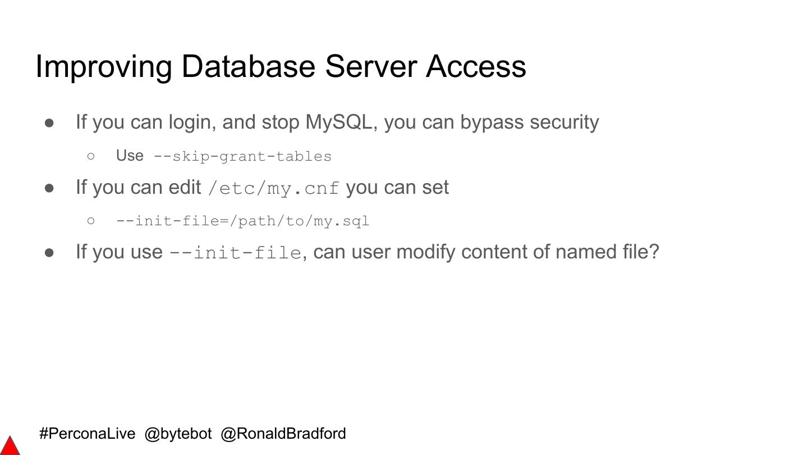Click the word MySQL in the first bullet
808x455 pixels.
[x=338, y=122]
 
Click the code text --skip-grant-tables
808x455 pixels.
[x=242, y=156]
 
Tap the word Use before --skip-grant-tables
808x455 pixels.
[x=130, y=156]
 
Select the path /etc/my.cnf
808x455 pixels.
[x=273, y=188]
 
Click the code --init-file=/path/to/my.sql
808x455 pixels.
[x=242, y=221]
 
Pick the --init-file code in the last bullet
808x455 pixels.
[x=235, y=252]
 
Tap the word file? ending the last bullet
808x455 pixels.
[x=641, y=252]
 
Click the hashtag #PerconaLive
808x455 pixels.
[x=88, y=434]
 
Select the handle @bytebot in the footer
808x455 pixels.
[x=178, y=434]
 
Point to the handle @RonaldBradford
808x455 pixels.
[x=283, y=434]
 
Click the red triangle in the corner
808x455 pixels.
[x=10, y=446]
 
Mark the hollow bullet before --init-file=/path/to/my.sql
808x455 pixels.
[x=91, y=221]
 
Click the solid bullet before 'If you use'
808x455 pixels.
[x=49, y=252]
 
